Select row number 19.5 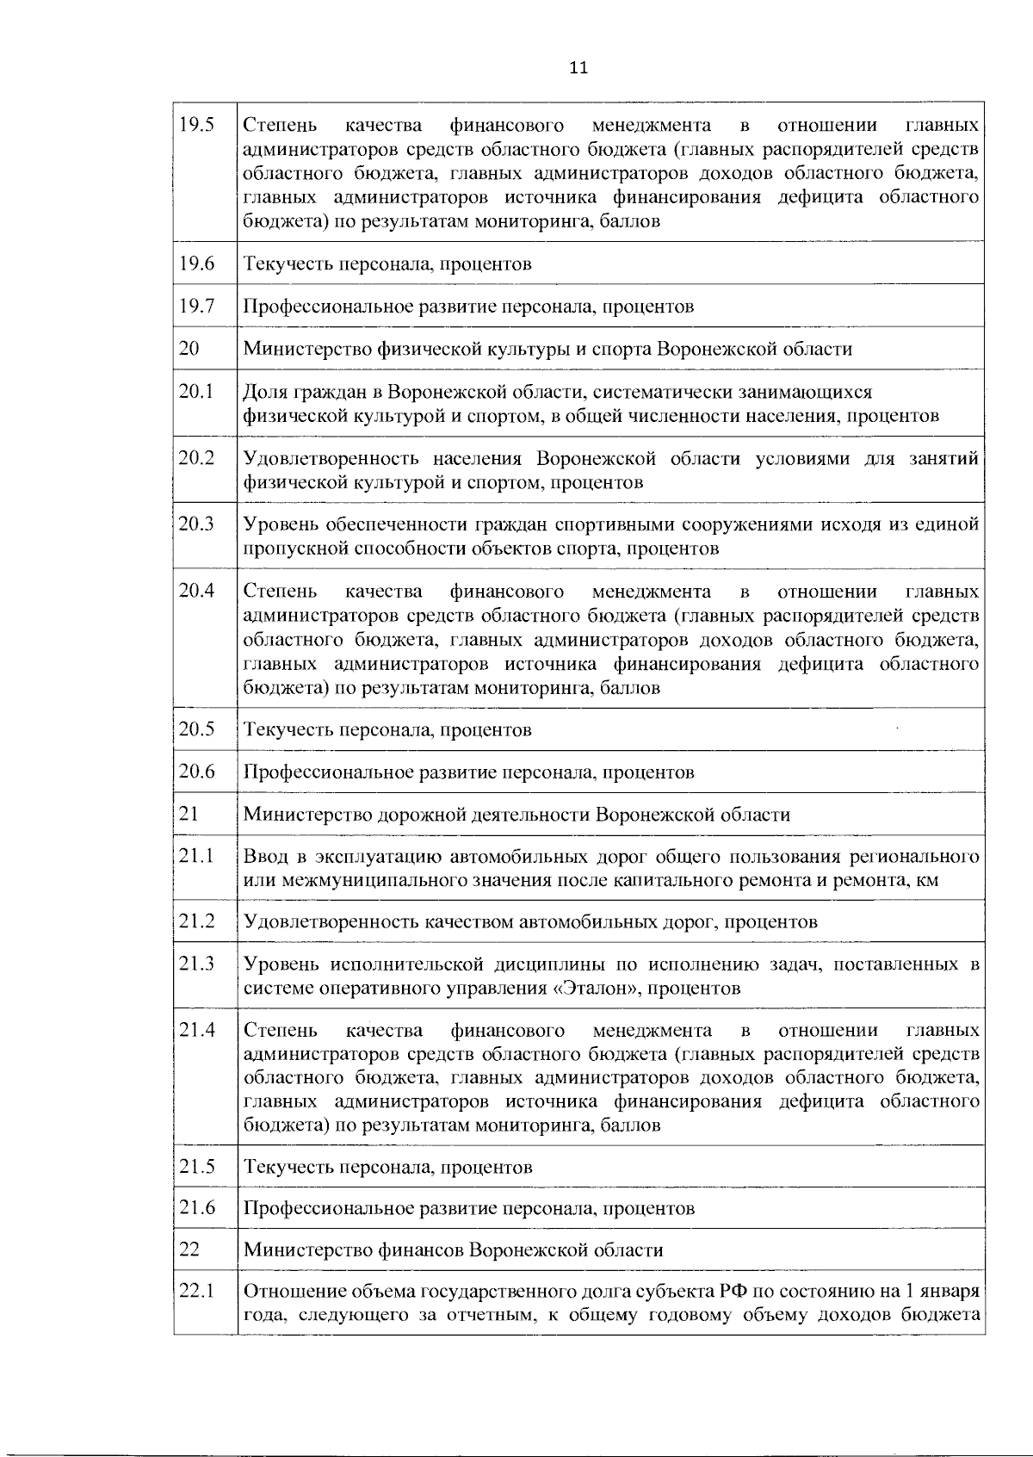tap(196, 125)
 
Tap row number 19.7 tap(196, 306)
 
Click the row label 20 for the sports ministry tap(189, 348)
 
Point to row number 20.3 tap(196, 524)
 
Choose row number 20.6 tap(197, 771)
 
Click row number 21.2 tap(196, 921)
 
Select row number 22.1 tap(196, 1292)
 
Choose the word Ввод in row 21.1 tap(264, 857)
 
